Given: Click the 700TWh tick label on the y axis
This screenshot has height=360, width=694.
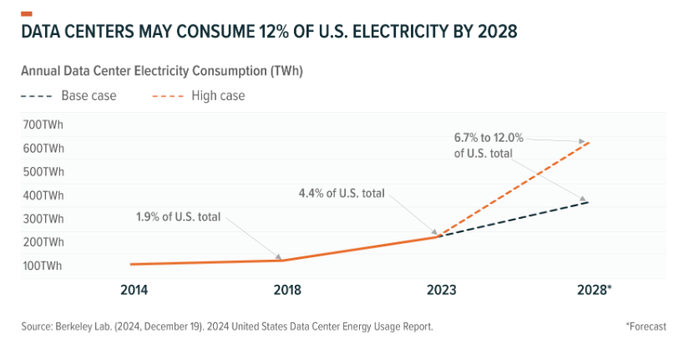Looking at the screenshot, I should pyautogui.click(x=43, y=125).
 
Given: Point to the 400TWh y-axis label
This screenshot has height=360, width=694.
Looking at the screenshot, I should pyautogui.click(x=43, y=195).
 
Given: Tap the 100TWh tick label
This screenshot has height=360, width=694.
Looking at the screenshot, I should pyautogui.click(x=43, y=266).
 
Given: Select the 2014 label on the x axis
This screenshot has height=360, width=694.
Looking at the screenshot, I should pyautogui.click(x=134, y=290).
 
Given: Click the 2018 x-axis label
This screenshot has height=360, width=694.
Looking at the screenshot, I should pyautogui.click(x=286, y=290).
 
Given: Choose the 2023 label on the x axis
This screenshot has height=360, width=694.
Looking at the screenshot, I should pyautogui.click(x=441, y=290).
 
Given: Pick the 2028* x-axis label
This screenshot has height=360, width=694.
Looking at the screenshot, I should pyautogui.click(x=595, y=290).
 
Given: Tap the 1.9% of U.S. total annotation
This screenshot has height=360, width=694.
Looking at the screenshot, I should pyautogui.click(x=179, y=217).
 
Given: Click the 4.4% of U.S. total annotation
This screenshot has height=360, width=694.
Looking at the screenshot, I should pyautogui.click(x=342, y=193).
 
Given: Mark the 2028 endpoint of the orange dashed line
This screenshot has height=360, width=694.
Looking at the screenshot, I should pyautogui.click(x=590, y=142).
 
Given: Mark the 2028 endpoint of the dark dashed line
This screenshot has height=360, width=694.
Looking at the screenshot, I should pyautogui.click(x=590, y=202).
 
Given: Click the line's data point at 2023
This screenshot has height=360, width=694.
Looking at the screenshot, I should pyautogui.click(x=439, y=237).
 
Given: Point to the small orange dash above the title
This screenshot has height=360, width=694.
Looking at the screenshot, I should pyautogui.click(x=27, y=13).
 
